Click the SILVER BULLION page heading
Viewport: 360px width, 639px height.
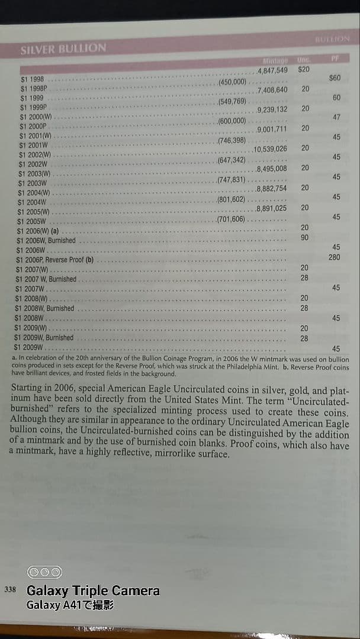[x=63, y=49]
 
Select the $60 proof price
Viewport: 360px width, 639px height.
[x=335, y=78]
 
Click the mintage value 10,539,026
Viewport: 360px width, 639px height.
[x=270, y=149]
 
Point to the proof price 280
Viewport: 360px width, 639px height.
[x=335, y=257]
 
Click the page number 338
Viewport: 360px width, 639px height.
[x=10, y=590]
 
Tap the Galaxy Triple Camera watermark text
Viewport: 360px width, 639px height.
[x=93, y=590]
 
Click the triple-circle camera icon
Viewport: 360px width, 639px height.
[x=44, y=572]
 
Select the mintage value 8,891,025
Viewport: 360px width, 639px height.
[x=272, y=208]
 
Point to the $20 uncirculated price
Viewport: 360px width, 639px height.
[x=304, y=69]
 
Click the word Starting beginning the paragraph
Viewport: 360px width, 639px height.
[x=28, y=390]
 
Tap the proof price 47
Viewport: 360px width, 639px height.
[x=336, y=117]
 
